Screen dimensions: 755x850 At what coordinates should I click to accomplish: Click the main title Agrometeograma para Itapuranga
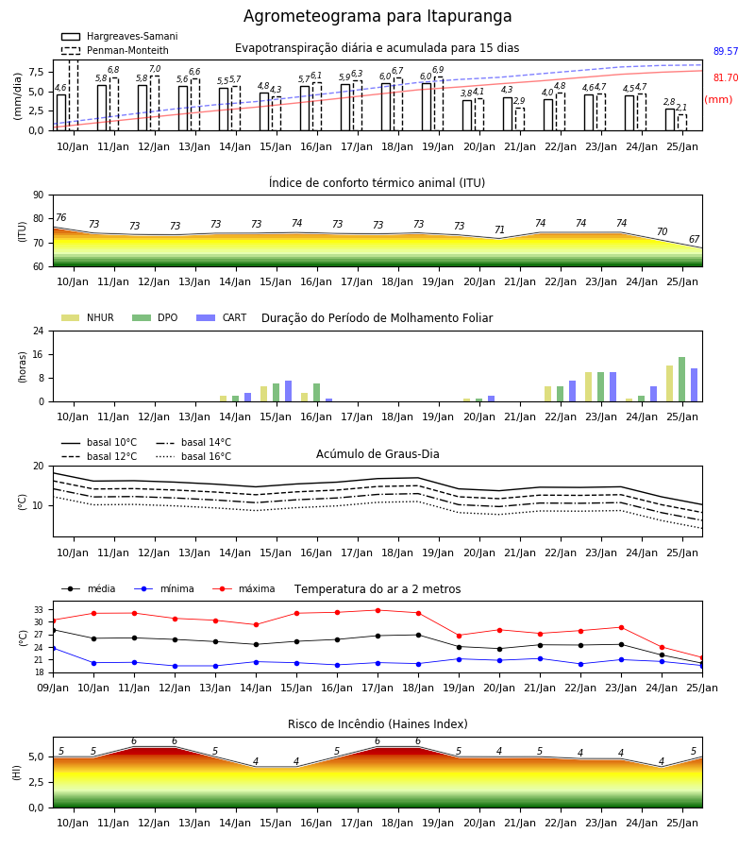click(377, 16)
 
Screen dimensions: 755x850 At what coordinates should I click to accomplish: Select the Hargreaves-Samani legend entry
click(119, 36)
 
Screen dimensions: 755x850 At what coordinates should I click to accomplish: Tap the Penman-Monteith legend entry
click(115, 50)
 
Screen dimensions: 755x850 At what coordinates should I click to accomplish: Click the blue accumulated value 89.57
click(726, 52)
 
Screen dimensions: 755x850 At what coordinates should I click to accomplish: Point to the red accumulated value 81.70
click(726, 77)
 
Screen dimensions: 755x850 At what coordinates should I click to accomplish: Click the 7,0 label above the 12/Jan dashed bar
click(155, 69)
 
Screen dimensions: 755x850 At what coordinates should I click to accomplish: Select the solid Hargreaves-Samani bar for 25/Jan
click(670, 120)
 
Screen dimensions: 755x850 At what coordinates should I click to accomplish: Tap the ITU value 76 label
click(60, 217)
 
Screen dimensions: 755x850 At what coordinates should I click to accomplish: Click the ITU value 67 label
click(695, 239)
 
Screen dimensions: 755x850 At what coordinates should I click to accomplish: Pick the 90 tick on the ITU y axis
click(39, 195)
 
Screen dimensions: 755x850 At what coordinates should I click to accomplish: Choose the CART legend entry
click(222, 317)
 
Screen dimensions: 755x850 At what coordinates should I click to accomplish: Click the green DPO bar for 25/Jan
click(682, 380)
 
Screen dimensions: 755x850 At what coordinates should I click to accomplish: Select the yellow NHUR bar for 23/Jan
click(588, 387)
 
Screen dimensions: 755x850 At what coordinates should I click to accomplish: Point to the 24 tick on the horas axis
click(39, 331)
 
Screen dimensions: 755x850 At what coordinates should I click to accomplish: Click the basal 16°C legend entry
click(193, 457)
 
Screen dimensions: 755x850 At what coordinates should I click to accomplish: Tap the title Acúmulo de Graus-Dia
click(377, 454)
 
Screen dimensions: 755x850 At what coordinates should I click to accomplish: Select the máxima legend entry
click(244, 588)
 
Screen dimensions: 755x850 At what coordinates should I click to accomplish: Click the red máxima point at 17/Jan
click(378, 610)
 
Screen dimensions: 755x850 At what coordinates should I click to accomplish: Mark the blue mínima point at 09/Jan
click(54, 648)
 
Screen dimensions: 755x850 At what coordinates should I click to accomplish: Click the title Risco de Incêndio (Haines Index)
click(377, 724)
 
